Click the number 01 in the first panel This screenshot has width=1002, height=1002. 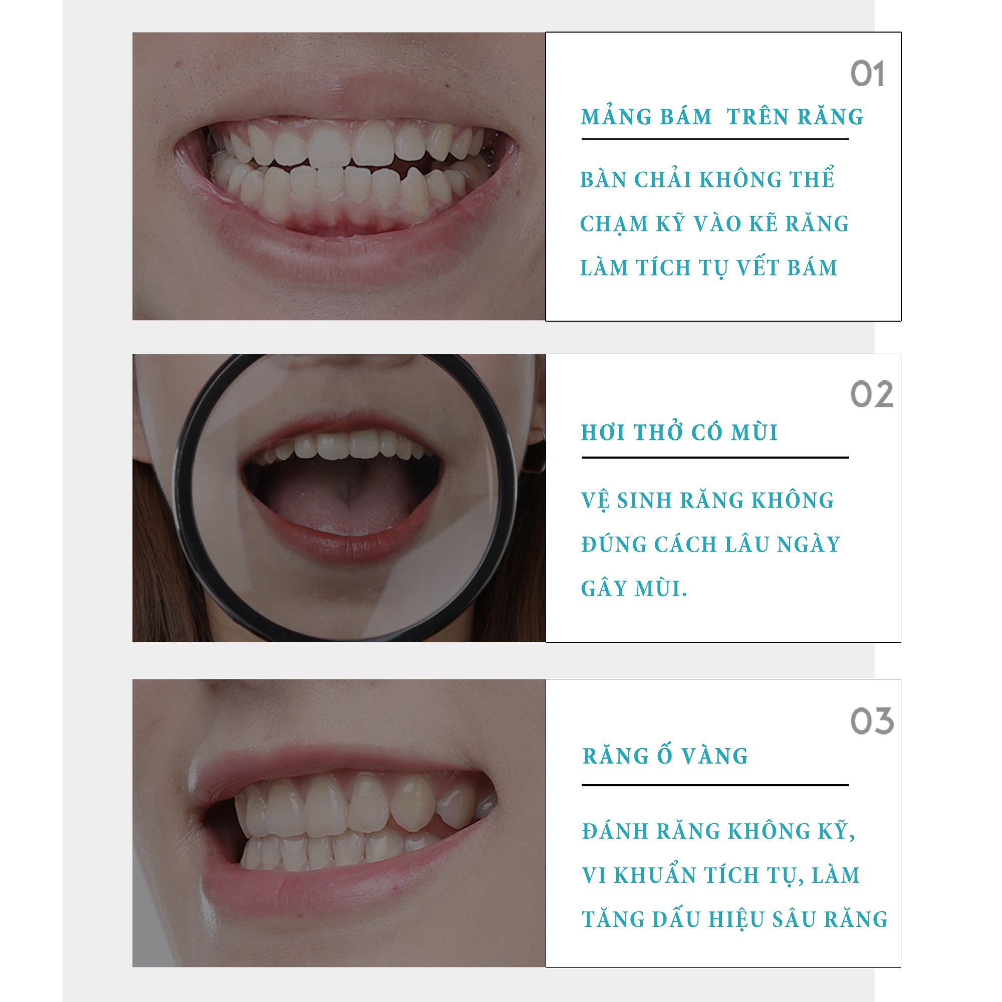867,74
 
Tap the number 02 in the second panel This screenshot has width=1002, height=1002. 871,395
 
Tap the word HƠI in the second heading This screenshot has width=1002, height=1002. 603,432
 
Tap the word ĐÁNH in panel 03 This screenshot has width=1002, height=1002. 615,831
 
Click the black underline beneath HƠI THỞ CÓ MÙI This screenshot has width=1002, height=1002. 715,457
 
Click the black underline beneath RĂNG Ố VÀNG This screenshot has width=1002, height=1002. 715,785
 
